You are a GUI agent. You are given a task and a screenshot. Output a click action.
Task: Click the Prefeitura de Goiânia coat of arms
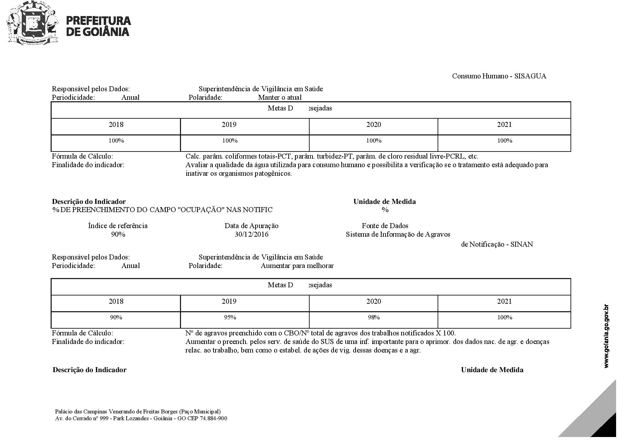32,24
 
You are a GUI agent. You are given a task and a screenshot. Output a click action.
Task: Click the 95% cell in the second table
230,317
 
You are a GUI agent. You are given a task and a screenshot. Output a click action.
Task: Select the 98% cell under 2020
373,317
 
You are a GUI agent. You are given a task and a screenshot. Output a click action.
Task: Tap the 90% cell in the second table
116,317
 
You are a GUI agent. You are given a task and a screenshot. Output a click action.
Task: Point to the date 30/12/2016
252,234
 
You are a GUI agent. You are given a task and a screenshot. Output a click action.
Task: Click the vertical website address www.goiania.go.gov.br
606,336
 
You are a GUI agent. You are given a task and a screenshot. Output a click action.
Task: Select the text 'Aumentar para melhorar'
297,266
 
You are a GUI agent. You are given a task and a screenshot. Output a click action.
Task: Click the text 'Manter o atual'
280,97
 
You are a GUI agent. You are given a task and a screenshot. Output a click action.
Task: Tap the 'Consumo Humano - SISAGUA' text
499,76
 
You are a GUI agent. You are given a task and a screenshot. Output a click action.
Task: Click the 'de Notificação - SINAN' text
497,244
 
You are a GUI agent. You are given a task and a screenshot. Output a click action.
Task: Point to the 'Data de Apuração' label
252,226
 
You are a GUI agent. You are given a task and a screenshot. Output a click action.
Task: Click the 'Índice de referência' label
118,226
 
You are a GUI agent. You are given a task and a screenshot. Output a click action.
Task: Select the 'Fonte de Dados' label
385,226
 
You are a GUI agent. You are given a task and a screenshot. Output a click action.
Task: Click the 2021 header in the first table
504,124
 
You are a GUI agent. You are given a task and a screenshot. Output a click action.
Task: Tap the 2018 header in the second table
116,301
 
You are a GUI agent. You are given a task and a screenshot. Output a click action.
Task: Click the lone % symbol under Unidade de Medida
385,210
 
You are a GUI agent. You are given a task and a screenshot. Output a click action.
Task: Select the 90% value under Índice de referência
118,234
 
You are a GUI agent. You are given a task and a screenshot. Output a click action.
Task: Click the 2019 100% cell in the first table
230,140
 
